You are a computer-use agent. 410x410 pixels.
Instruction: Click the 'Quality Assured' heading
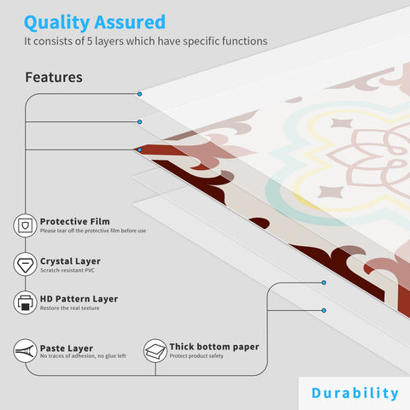click(95, 21)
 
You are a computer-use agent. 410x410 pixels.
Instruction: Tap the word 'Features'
click(54, 77)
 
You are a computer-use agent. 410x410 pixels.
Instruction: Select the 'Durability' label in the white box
click(354, 393)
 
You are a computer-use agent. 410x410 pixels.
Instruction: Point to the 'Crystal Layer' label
click(70, 261)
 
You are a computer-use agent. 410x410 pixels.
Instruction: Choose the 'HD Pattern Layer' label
click(79, 299)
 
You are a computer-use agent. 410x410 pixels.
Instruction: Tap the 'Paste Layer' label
click(67, 348)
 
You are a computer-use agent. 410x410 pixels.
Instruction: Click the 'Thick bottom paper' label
click(214, 347)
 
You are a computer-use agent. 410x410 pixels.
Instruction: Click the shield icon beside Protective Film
click(25, 225)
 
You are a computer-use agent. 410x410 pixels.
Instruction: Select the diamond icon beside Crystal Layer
click(25, 264)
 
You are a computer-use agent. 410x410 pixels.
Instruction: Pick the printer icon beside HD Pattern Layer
click(25, 302)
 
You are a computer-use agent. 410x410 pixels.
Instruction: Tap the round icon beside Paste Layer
click(25, 351)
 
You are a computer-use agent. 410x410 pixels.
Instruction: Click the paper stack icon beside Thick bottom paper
click(155, 351)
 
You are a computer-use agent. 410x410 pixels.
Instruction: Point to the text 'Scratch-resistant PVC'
click(68, 271)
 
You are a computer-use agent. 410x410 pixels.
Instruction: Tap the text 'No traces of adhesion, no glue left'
click(83, 356)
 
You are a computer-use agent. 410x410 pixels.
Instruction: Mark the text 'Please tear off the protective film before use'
click(93, 231)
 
